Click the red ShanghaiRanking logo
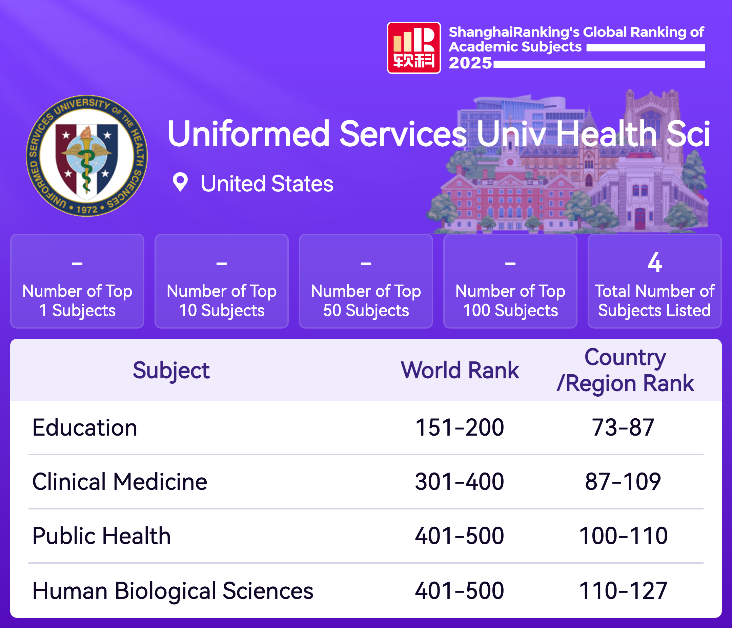[414, 48]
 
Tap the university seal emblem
[87, 156]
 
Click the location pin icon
[180, 182]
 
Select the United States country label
[267, 184]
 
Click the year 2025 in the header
[470, 63]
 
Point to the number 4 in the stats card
[655, 263]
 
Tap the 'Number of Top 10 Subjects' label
[222, 300]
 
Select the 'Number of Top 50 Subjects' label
[366, 300]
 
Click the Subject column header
[171, 371]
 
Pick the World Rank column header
[460, 370]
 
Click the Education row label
[85, 427]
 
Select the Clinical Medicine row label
[120, 482]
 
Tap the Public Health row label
[102, 536]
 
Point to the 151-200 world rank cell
[460, 427]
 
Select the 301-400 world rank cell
[460, 482]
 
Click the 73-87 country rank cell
[623, 427]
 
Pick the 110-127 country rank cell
[623, 590]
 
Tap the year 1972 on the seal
[87, 209]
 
